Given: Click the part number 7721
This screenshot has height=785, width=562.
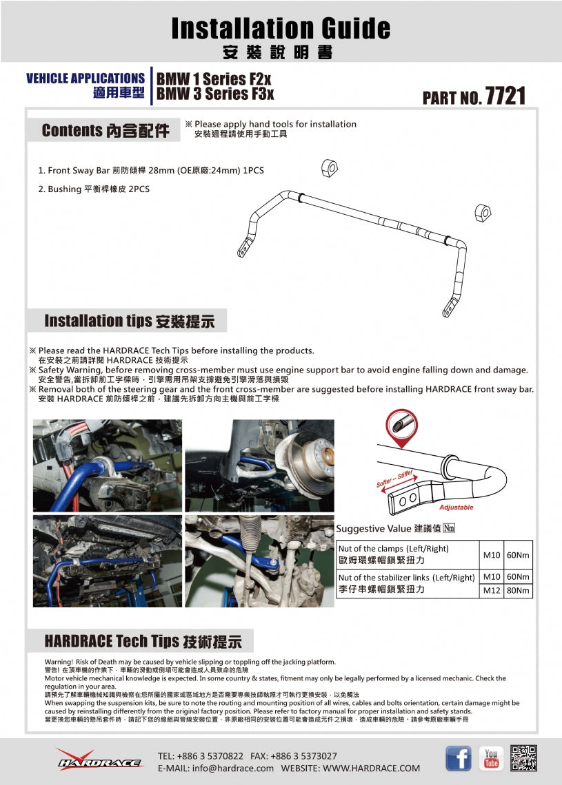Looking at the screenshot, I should pos(505,96).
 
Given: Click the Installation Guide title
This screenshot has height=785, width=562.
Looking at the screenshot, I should pos(281,28).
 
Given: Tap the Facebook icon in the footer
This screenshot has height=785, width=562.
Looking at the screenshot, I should pos(458,758).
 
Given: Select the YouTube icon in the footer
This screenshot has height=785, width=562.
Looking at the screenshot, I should pos(491,758).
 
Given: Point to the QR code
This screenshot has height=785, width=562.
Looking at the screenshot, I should pos(524,758).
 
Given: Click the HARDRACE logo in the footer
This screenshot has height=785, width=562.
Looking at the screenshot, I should pos(99,759).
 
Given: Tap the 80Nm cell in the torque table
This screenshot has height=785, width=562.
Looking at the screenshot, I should pos(518,591).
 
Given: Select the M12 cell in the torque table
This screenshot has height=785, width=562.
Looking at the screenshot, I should pos(492,591).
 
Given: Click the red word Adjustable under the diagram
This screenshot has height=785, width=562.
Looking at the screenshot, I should pos(456,507).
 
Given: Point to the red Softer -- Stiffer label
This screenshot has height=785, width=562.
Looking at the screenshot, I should pos(394,479).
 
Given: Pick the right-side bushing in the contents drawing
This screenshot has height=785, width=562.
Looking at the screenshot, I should pos(482,213).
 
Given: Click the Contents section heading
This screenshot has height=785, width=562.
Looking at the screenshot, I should pos(105,131).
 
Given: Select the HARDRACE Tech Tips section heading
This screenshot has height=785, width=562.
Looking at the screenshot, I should pos(143,641).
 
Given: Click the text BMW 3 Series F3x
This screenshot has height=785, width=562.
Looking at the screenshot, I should pos(215,94).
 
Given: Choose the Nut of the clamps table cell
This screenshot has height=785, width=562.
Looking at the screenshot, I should pos(407,554).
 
